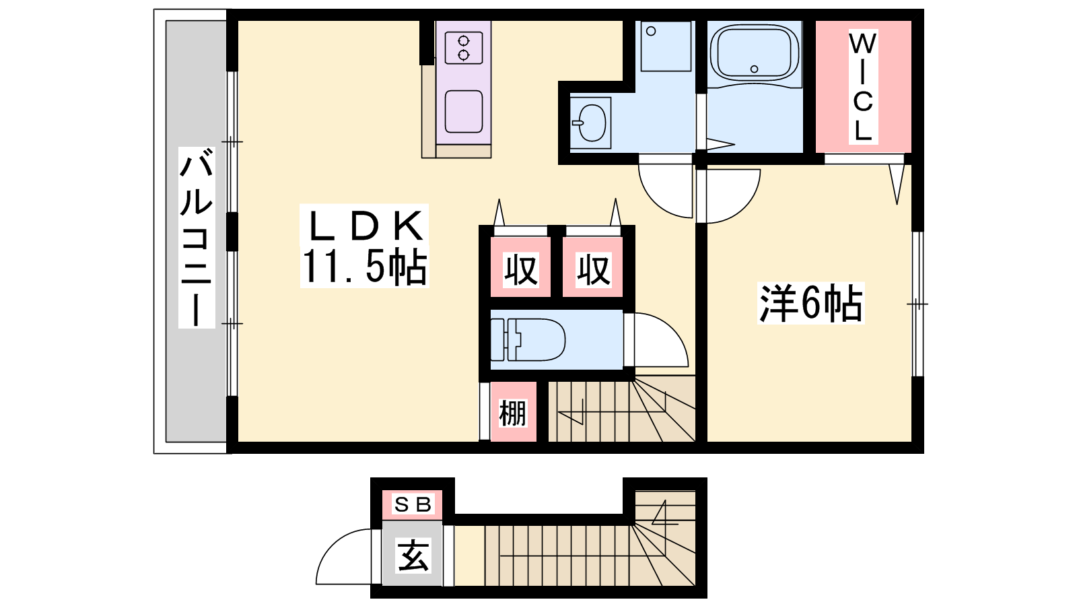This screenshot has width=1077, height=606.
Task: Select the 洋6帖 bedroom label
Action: click(x=810, y=303)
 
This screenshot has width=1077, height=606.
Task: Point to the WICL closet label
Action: click(x=863, y=87)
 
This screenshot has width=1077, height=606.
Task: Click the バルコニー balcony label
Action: click(x=197, y=238)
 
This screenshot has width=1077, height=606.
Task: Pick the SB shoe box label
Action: click(x=413, y=504)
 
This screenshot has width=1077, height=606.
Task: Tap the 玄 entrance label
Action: click(x=413, y=555)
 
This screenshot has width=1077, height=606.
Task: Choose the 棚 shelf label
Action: click(x=512, y=413)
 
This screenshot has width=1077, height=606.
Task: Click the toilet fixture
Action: click(x=528, y=339)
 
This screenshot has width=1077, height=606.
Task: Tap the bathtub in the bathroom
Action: click(x=754, y=53)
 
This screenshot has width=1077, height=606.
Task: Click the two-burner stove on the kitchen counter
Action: click(x=464, y=48)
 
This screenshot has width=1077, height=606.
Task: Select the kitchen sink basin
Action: click(x=464, y=112)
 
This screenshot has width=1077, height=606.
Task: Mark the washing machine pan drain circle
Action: click(x=651, y=31)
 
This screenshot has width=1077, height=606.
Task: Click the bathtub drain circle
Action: click(x=754, y=69)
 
